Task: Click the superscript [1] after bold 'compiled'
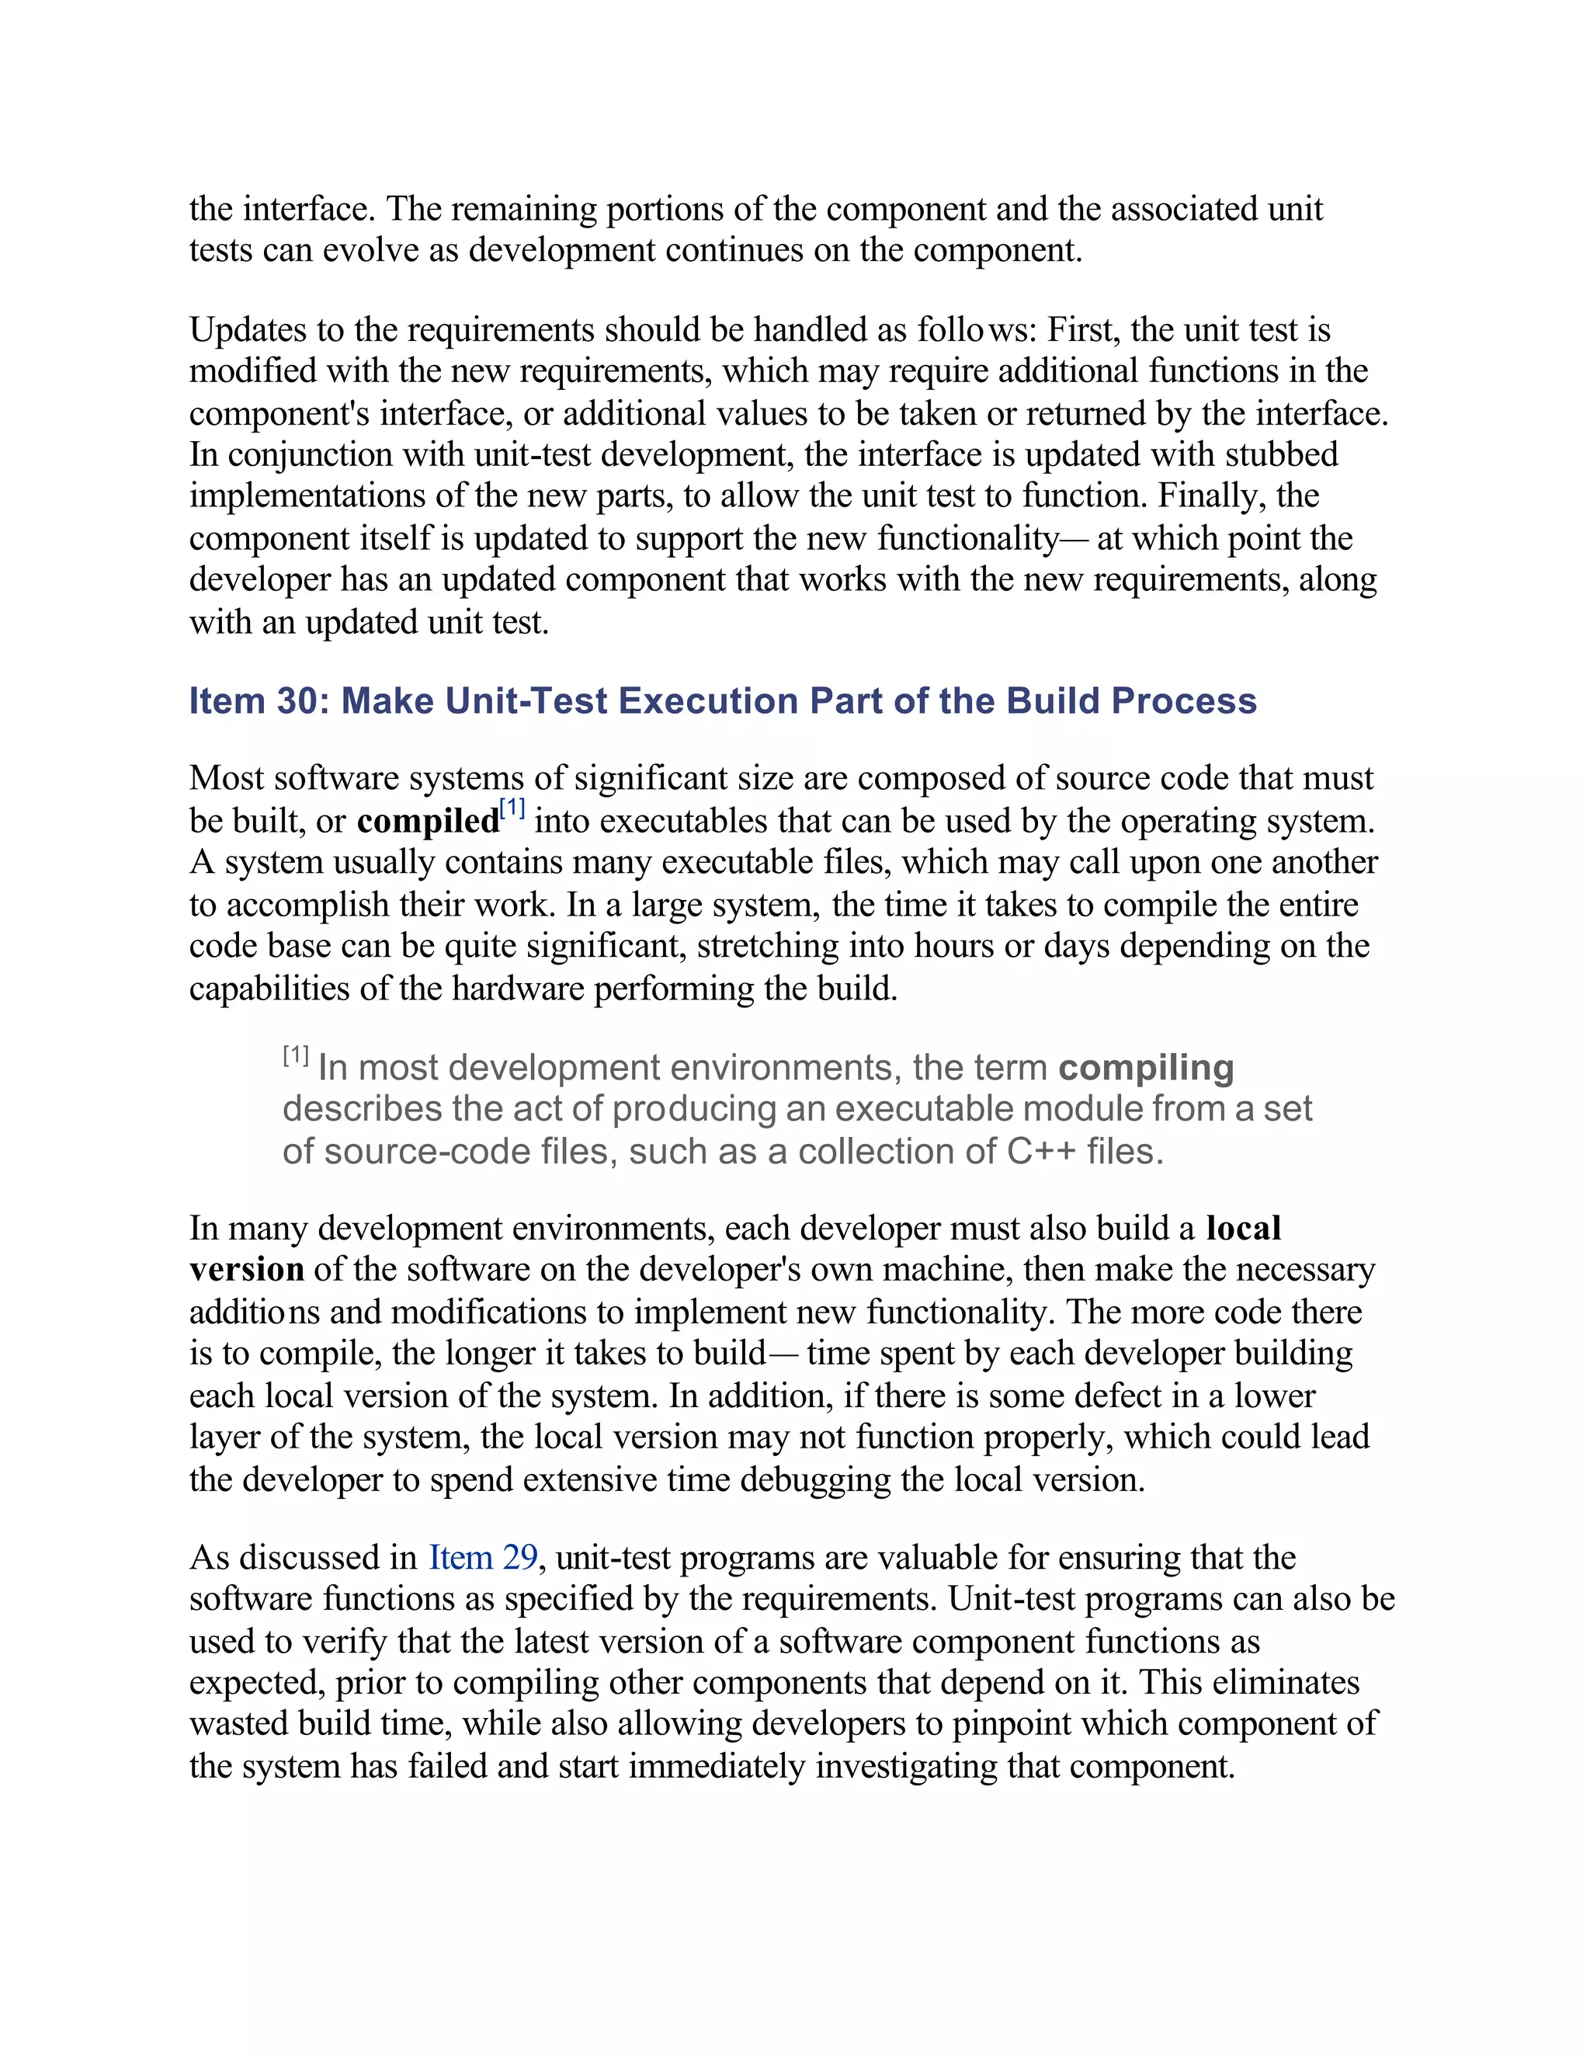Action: click(x=512, y=808)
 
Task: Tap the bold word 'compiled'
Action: click(x=428, y=821)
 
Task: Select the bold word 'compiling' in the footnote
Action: click(x=1145, y=1068)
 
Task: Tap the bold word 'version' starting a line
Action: click(x=246, y=1269)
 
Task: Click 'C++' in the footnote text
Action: click(x=1041, y=1152)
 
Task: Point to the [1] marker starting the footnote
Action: click(x=296, y=1055)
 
